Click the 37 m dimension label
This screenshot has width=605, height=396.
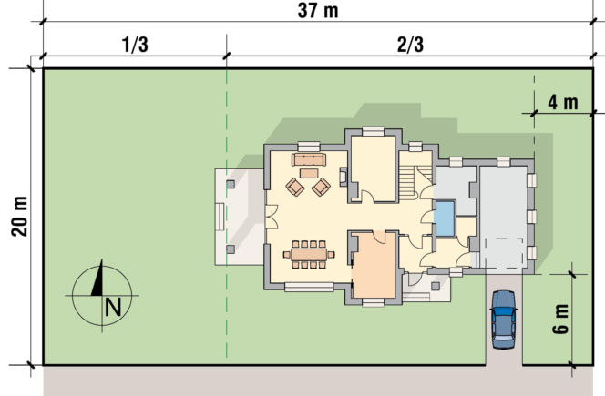coord(318,10)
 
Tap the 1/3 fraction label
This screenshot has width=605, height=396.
coord(135,45)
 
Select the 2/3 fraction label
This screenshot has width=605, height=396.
coord(410,45)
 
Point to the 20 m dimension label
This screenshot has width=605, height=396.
coord(19,217)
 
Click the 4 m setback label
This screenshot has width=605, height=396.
coord(563,103)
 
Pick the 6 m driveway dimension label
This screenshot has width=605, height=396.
coord(560,319)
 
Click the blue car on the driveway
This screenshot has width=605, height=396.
coord(504,320)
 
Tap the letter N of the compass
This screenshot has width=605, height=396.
coord(113,308)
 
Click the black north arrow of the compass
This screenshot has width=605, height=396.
coord(97,278)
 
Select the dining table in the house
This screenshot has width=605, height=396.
coord(309,255)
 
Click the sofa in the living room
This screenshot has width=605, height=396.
coord(309,159)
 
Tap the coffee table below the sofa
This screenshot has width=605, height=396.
coord(309,173)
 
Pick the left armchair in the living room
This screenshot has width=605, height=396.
coord(295,187)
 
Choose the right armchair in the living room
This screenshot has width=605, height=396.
coord(321,187)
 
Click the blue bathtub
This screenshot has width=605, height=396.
coord(444,218)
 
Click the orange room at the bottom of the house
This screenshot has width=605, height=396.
coord(374,265)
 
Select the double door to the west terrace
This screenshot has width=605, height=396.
coord(272,217)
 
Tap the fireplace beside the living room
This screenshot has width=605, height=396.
coord(344,177)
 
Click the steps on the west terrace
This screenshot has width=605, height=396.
coord(220,217)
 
